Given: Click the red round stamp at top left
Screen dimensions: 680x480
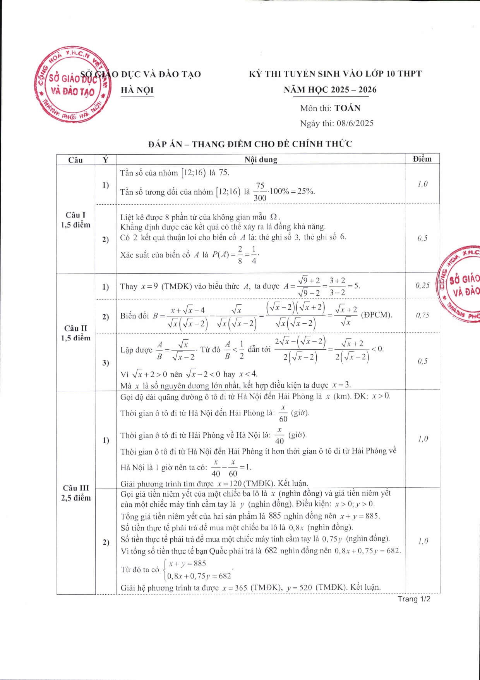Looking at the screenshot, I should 72,86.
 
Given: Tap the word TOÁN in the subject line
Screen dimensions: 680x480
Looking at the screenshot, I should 347,108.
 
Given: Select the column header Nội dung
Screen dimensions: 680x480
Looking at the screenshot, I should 261,160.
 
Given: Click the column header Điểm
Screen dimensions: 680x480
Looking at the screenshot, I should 422,159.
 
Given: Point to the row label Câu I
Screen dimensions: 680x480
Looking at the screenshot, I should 75,215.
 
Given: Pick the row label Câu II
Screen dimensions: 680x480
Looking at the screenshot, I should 75,328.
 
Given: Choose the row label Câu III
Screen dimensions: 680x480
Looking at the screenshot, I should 75,488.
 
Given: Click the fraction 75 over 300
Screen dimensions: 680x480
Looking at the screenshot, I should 260,192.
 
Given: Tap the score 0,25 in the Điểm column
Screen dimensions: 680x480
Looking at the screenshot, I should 422,286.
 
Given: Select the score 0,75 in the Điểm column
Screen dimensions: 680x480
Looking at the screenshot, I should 422,316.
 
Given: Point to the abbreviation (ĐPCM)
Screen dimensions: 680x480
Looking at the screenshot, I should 376,315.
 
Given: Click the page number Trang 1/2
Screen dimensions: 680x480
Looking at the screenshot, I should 414,599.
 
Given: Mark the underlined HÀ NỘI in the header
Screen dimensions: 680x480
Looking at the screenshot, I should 137,90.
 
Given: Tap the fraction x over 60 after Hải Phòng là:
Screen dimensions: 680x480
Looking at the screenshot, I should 283,413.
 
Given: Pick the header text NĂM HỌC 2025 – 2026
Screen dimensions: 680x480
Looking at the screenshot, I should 330,90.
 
